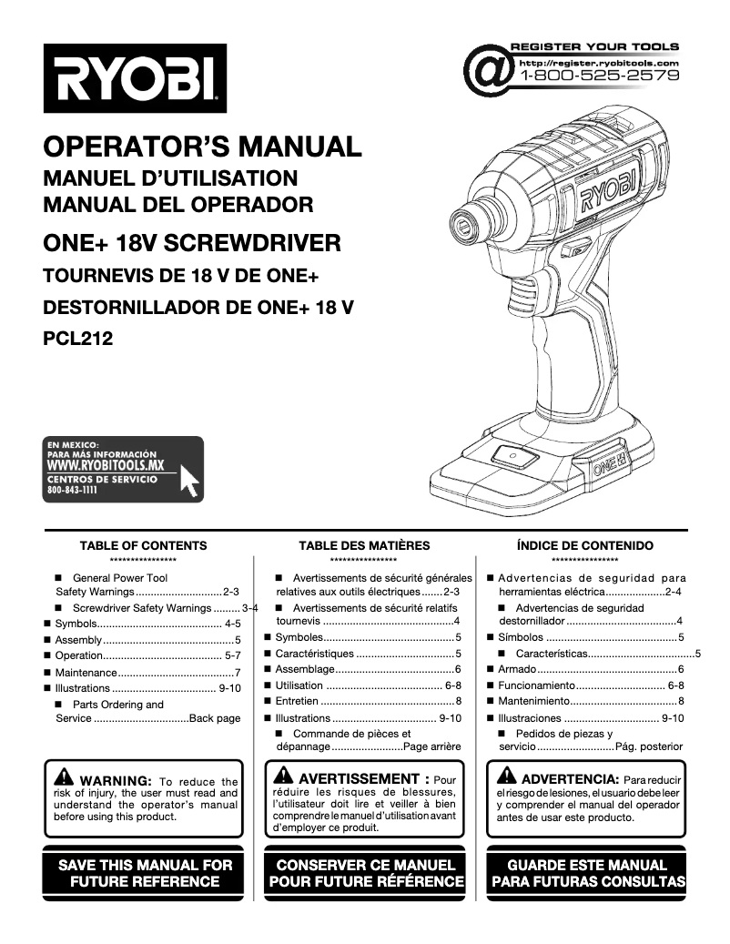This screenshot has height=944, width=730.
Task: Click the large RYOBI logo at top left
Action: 135,79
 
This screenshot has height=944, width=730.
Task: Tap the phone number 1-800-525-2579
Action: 599,76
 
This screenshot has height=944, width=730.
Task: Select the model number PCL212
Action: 78,340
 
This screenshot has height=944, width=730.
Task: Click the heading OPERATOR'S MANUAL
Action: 202,146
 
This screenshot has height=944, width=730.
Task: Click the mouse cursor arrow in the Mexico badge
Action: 190,479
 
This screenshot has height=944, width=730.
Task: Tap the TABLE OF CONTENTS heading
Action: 143,546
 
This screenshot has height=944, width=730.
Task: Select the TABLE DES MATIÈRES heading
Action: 364,546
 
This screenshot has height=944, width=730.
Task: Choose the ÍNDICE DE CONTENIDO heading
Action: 584,546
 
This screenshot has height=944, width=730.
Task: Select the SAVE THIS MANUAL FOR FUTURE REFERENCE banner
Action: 146,873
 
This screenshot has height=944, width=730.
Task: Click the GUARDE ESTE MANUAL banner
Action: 587,873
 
